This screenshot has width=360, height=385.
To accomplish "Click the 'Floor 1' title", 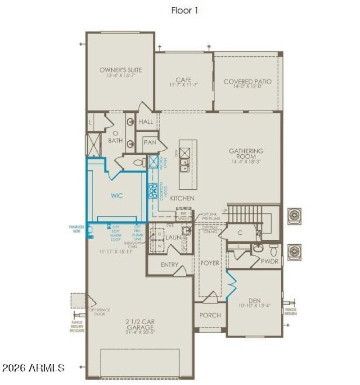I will pyautogui.click(x=184, y=10).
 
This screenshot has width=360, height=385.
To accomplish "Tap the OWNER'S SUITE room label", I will pyautogui.click(x=121, y=70).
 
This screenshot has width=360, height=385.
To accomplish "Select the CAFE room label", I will pyautogui.click(x=184, y=80).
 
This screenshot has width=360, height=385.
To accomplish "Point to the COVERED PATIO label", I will pyautogui.click(x=247, y=82).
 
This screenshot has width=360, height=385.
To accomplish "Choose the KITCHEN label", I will pyautogui.click(x=182, y=198).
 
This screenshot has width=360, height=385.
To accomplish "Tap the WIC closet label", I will pyautogui.click(x=117, y=196).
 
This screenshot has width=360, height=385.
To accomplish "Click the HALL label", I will pyautogui.click(x=146, y=122).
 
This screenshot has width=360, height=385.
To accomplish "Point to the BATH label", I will pyautogui.click(x=115, y=141).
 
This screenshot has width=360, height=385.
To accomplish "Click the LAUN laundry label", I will pyautogui.click(x=173, y=237).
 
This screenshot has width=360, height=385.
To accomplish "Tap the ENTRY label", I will pyautogui.click(x=169, y=265).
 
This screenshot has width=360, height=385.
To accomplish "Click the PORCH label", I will pyautogui.click(x=210, y=315).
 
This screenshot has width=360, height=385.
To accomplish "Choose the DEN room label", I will pyautogui.click(x=255, y=300).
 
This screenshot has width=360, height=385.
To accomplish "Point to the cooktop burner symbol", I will pyautogui.click(x=153, y=191).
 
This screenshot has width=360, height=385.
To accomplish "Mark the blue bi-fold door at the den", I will pyautogui.click(x=231, y=285).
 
